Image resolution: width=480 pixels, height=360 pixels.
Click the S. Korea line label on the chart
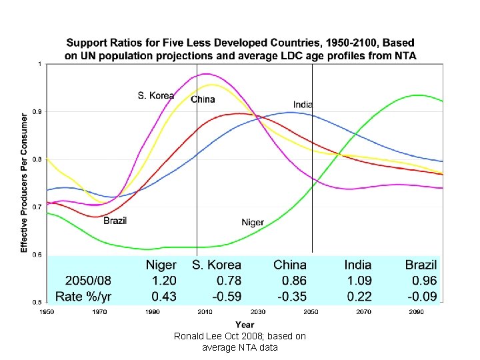click(156, 95)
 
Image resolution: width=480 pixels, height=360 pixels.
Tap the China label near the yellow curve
click(203, 99)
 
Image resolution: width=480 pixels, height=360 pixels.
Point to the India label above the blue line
click(303, 104)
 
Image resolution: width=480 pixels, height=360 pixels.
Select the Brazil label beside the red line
click(115, 220)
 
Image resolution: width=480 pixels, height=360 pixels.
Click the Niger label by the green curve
click(253, 222)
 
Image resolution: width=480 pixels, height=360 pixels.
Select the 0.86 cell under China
click(293, 281)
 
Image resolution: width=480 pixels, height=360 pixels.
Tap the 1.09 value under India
click(359, 281)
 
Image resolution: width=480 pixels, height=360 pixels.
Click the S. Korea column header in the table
click(217, 265)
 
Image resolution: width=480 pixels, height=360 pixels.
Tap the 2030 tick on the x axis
click(258, 311)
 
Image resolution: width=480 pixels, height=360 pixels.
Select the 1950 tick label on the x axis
click(47, 311)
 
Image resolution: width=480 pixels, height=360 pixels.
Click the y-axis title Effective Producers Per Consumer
click(24, 182)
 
